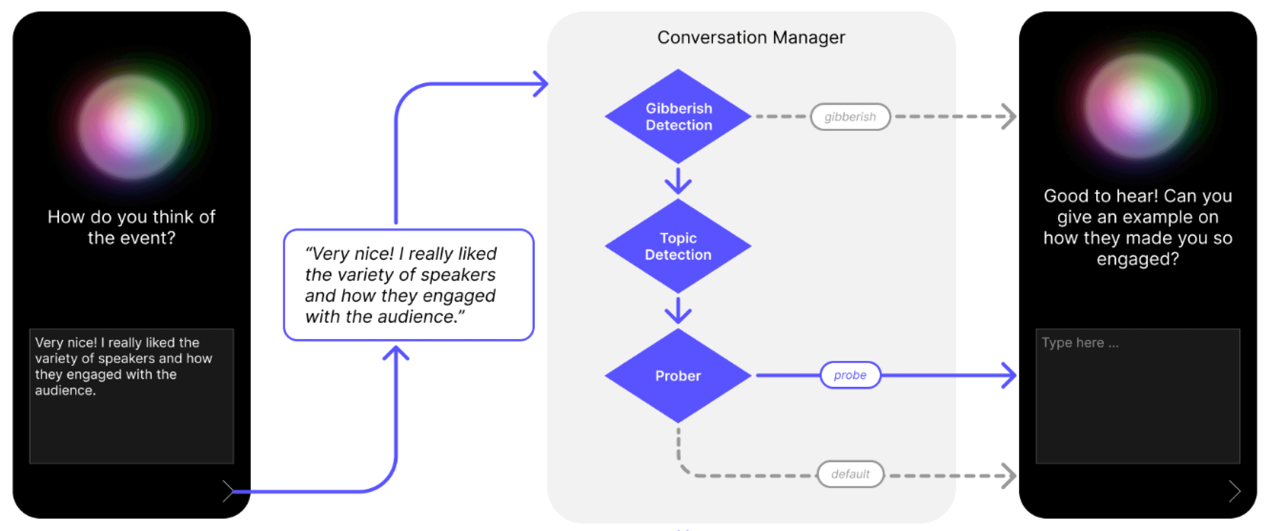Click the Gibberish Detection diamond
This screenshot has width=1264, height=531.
[678, 117]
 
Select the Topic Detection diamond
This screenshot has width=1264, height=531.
[678, 246]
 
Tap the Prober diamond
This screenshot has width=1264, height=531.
[678, 376]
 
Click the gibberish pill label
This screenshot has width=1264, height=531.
[850, 117]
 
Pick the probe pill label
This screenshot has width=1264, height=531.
[850, 375]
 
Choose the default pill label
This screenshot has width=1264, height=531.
[850, 474]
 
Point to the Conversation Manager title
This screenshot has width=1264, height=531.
[751, 37]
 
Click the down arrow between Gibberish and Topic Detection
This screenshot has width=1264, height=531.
[678, 181]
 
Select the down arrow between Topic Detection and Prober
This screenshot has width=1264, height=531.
[678, 311]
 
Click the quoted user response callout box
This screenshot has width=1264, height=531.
[408, 285]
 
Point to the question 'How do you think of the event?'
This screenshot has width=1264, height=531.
[131, 227]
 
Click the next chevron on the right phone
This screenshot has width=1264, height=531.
[1234, 491]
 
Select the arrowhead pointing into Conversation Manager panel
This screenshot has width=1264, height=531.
[541, 84]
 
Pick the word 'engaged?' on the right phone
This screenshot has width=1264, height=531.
[1137, 259]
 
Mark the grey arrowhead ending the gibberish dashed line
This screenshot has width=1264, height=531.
[1009, 117]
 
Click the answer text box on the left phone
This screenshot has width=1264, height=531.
[131, 396]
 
